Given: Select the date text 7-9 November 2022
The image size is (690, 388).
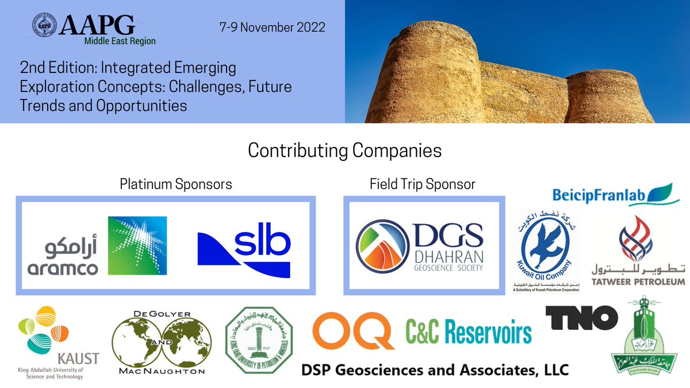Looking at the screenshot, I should coord(273,27).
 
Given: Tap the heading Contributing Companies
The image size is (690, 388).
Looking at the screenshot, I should coord(344,151).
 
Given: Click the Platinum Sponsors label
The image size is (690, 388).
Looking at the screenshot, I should coord(176,185).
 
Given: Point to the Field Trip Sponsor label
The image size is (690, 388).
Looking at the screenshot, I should coord(423,185).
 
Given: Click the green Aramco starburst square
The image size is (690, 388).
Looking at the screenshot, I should coord(137,245).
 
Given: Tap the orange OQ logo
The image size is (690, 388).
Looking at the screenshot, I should coord(353,330).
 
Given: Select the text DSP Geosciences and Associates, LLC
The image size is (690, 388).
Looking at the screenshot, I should coord(435,370).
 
